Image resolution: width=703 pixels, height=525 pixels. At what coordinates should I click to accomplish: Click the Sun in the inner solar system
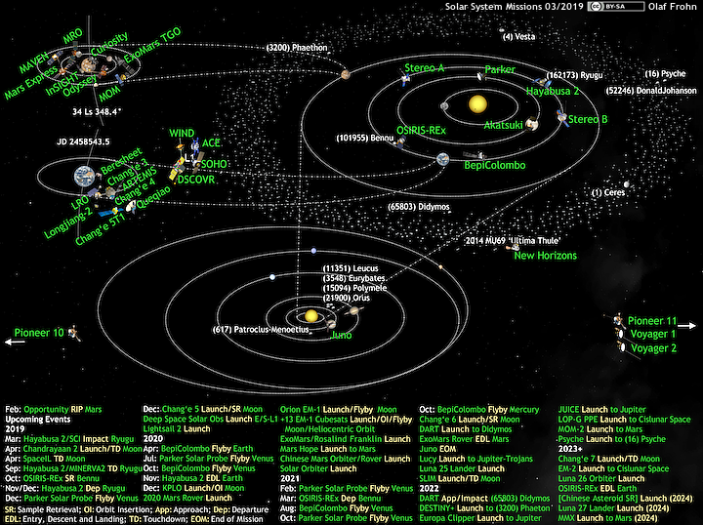tap(476, 103)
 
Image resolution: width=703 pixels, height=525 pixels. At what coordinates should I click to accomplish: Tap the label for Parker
tap(500, 70)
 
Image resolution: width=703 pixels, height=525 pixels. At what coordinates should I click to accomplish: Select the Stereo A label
tap(425, 67)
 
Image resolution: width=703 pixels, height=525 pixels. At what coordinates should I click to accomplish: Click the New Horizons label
tap(545, 256)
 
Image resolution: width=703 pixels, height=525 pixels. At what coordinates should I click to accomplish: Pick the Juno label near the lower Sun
tap(342, 335)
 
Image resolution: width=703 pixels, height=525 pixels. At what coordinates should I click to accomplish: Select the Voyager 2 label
tap(653, 347)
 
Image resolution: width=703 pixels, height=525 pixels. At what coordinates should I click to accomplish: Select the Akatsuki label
tap(504, 125)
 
